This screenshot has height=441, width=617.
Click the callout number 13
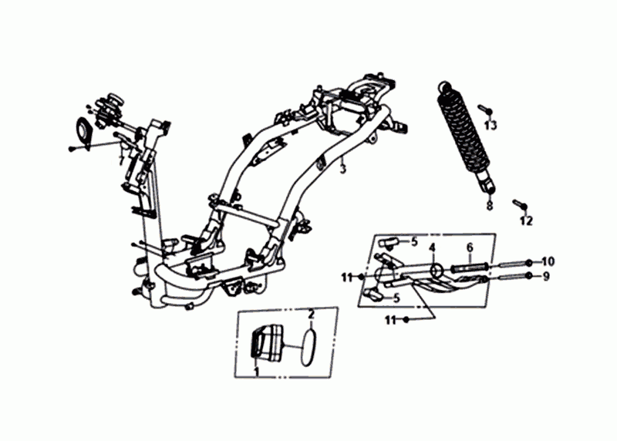(x=491, y=125)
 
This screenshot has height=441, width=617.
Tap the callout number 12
(x=526, y=221)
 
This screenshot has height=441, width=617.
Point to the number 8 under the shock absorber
(x=488, y=207)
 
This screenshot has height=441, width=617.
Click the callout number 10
(x=548, y=261)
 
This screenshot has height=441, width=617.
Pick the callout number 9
(x=546, y=276)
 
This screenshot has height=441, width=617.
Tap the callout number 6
(x=468, y=247)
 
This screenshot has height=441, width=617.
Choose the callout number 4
(x=433, y=247)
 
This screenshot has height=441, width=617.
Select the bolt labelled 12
(x=518, y=204)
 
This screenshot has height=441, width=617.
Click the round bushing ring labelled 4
(x=436, y=270)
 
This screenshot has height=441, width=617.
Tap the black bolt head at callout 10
(x=530, y=261)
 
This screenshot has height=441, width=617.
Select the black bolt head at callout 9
(x=529, y=275)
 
